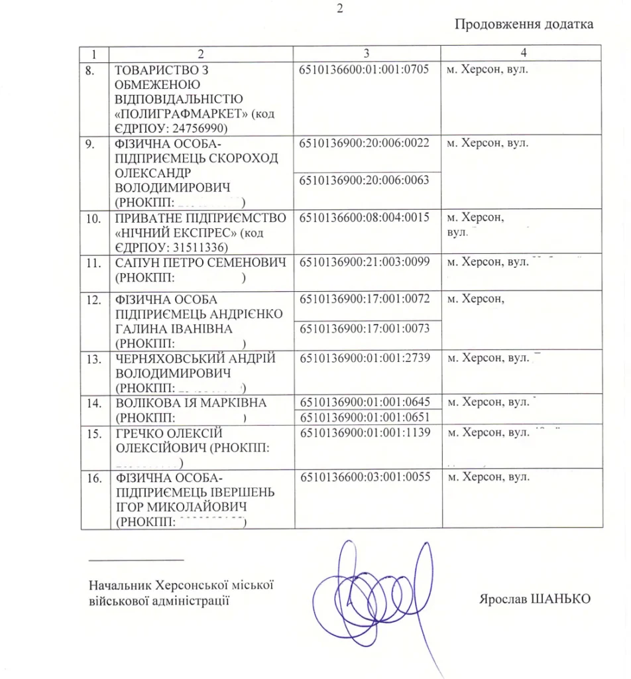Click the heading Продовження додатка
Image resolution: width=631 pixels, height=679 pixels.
[x=524, y=25]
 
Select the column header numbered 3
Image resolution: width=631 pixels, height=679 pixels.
[x=367, y=53]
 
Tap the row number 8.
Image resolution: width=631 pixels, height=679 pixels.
[x=95, y=69]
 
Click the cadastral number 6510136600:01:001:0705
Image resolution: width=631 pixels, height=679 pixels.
[x=364, y=69]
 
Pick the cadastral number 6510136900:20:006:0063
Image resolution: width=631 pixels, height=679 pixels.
[x=364, y=180]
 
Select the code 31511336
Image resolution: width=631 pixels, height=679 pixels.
[x=202, y=247]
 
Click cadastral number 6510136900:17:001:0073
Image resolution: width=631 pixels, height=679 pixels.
[x=364, y=329]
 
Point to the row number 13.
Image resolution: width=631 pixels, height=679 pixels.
[x=95, y=359]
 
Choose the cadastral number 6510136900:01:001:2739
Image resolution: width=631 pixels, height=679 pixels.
[x=364, y=359]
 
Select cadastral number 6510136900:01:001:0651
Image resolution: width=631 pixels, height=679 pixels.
[x=364, y=417]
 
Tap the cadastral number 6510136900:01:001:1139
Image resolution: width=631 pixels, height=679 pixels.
[x=364, y=433]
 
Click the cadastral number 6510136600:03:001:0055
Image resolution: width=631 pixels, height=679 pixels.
[x=364, y=477]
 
